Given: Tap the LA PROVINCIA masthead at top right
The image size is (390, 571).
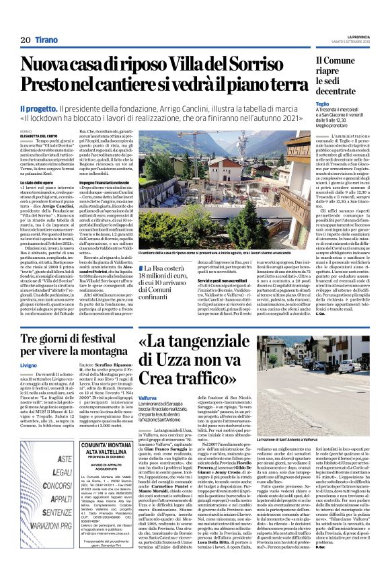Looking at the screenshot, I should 354,35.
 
